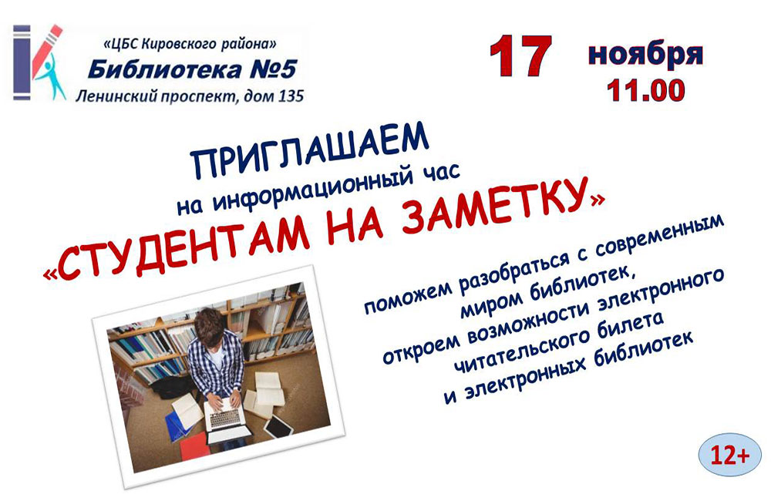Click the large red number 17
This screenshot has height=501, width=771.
coord(520,56)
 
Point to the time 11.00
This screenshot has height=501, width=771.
coord(645,90)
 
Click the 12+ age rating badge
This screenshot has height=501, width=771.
coord(729,455)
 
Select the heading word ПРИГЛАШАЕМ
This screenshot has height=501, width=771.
coord(310,150)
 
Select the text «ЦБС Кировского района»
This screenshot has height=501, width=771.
coord(190,44)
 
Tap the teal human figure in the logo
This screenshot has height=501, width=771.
coord(51,79)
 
